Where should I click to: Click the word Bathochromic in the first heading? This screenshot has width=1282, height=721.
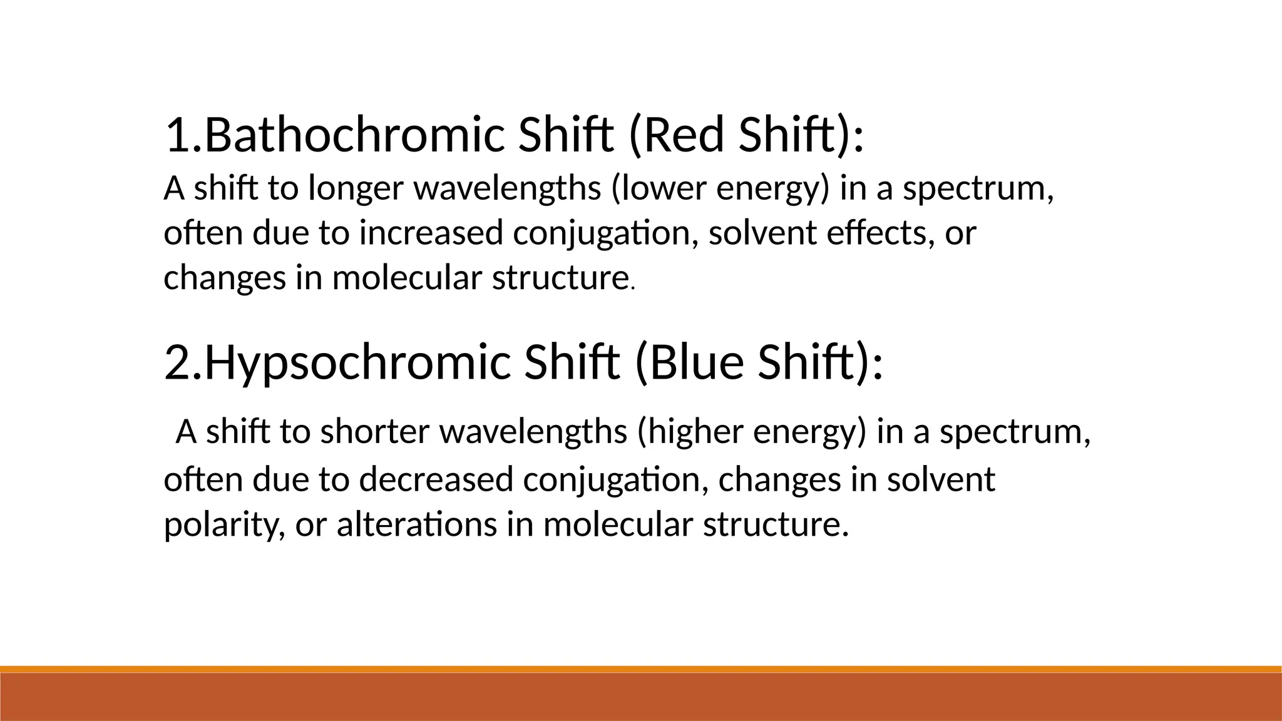[x=354, y=135]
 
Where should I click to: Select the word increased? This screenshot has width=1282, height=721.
[x=431, y=233]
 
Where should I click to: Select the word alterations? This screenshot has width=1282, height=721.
[x=417, y=524]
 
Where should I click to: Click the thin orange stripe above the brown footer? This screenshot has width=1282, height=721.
[x=641, y=669]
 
